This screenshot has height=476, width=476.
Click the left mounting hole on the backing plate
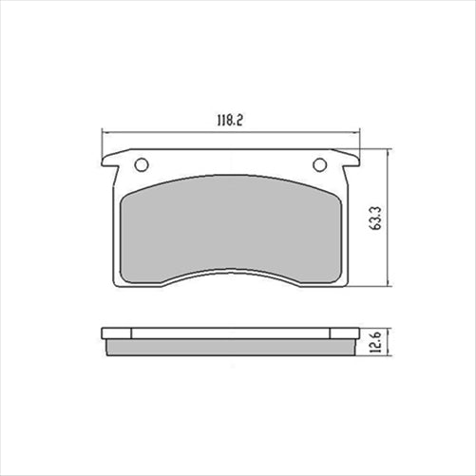142,164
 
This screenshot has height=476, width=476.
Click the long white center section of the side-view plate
231,333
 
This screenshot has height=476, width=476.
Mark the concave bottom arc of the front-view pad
231,269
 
